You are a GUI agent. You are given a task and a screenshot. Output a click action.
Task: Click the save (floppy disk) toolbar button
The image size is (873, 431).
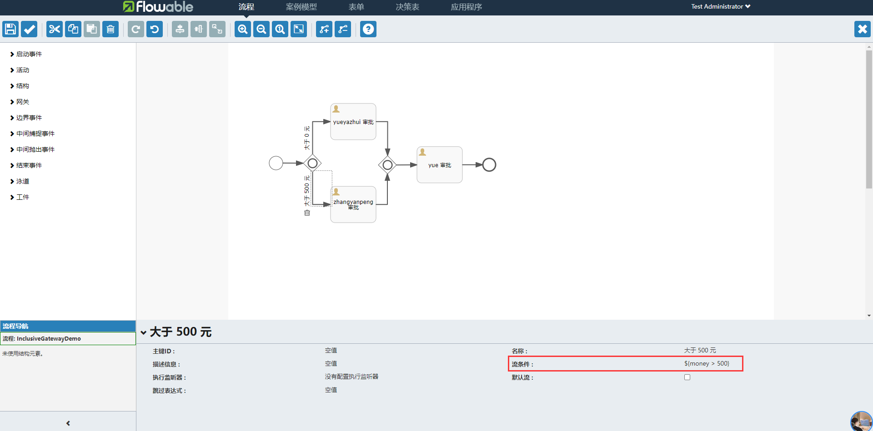click(10, 29)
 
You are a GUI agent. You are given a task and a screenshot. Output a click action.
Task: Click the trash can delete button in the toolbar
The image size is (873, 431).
click(110, 29)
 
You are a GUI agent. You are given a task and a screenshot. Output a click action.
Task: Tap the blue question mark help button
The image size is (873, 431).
click(368, 29)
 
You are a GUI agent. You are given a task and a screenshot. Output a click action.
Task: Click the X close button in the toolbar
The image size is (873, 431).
click(862, 29)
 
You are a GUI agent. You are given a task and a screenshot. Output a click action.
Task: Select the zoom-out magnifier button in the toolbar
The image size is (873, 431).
click(261, 29)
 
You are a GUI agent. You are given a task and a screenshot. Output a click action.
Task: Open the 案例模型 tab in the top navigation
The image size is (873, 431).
click(301, 7)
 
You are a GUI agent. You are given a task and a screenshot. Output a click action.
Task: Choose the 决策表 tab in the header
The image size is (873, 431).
click(407, 7)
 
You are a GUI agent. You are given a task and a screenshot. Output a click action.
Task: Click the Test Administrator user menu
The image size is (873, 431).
click(721, 6)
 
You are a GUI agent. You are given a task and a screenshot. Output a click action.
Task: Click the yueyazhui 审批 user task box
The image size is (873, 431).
click(353, 122)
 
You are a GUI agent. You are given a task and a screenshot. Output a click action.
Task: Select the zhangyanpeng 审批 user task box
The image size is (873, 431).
click(353, 204)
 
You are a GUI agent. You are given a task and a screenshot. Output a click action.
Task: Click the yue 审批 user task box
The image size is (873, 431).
click(440, 165)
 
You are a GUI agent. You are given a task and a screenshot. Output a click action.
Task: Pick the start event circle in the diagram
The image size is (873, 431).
click(276, 163)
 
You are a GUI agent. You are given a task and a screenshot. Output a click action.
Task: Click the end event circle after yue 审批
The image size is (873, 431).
click(489, 164)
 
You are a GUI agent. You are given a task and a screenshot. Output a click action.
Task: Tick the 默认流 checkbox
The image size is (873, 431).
click(687, 377)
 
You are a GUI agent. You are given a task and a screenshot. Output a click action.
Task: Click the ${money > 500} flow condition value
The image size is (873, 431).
click(707, 363)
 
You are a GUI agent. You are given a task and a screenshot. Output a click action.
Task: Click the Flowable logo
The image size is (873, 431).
click(158, 6)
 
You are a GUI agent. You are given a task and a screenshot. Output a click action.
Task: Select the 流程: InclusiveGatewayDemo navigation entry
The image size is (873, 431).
click(42, 338)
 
